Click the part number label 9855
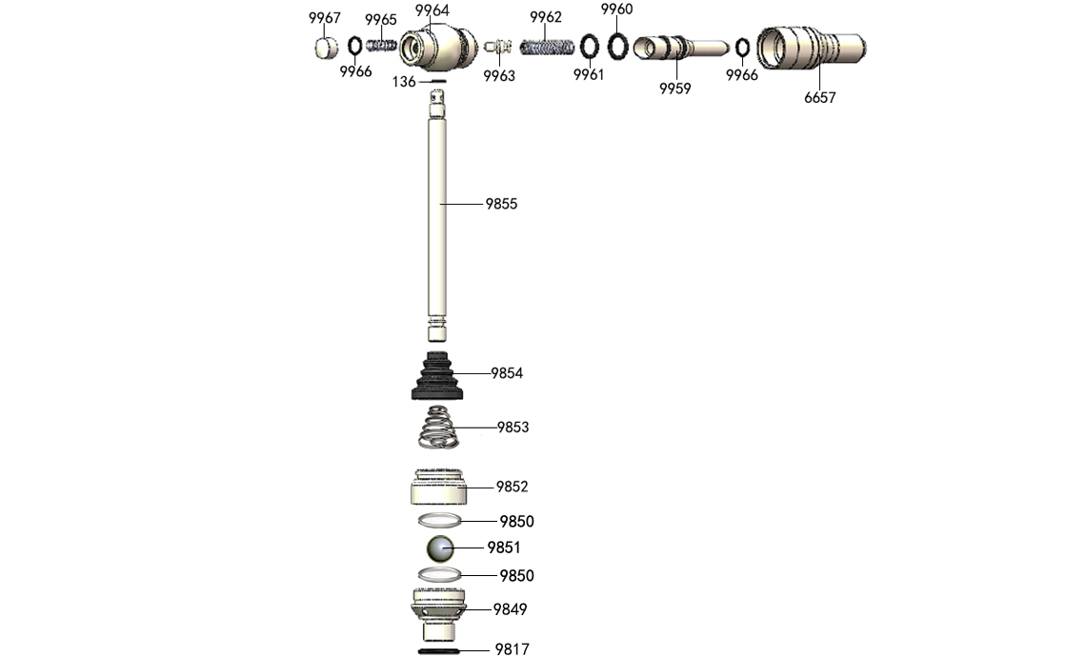pyautogui.click(x=501, y=204)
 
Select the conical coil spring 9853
pyautogui.click(x=439, y=427)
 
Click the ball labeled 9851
pyautogui.click(x=440, y=548)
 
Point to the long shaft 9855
pyautogui.click(x=438, y=219)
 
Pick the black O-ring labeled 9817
pyautogui.click(x=439, y=650)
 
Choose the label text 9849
pyautogui.click(x=510, y=609)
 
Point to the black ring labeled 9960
pyautogui.click(x=618, y=44)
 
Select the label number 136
pyautogui.click(x=404, y=82)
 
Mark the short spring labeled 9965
pyautogui.click(x=382, y=45)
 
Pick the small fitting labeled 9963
pyautogui.click(x=497, y=46)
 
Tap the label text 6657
pyautogui.click(x=819, y=97)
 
